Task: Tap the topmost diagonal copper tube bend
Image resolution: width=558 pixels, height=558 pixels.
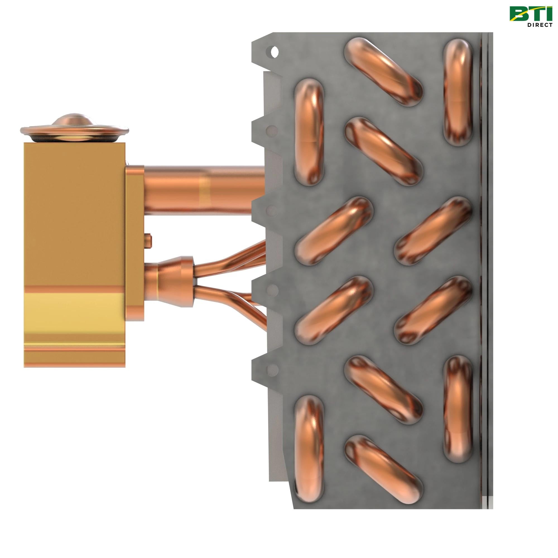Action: tap(383, 72)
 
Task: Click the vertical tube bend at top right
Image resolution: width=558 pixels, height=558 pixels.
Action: tap(458, 92)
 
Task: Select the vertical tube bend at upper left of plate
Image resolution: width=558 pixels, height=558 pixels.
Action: tap(309, 132)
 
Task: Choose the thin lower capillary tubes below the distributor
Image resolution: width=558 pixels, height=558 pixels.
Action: tap(231, 297)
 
